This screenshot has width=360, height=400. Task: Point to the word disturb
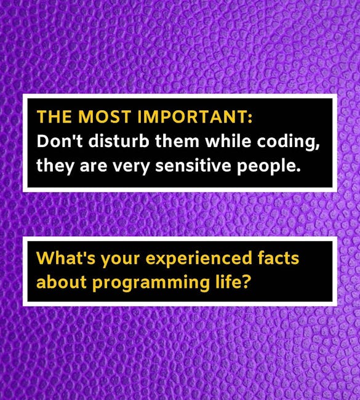point(119,141)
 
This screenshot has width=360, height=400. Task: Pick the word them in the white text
point(177,141)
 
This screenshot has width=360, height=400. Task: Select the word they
point(55,166)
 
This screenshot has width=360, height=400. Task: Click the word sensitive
point(193,166)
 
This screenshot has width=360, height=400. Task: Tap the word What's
point(66,258)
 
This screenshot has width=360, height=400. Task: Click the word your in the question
point(121,260)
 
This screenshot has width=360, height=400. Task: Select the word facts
point(278,258)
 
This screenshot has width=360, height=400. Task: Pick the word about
point(62,282)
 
